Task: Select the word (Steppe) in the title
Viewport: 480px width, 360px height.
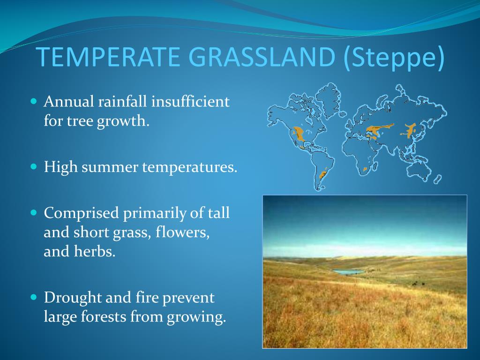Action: (394, 58)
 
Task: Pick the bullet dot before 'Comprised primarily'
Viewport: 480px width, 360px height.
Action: (34, 212)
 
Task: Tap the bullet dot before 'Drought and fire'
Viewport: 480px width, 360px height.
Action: (34, 297)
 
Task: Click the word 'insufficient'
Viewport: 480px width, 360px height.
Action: (190, 101)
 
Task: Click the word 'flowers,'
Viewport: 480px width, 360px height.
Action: (182, 232)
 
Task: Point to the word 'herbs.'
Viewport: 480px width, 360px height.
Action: (95, 251)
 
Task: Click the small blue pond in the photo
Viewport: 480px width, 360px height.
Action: (348, 271)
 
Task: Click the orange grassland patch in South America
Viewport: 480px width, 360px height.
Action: (323, 173)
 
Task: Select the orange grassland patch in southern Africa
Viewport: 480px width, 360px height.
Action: (365, 169)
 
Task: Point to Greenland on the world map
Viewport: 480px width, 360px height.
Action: (327, 99)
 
